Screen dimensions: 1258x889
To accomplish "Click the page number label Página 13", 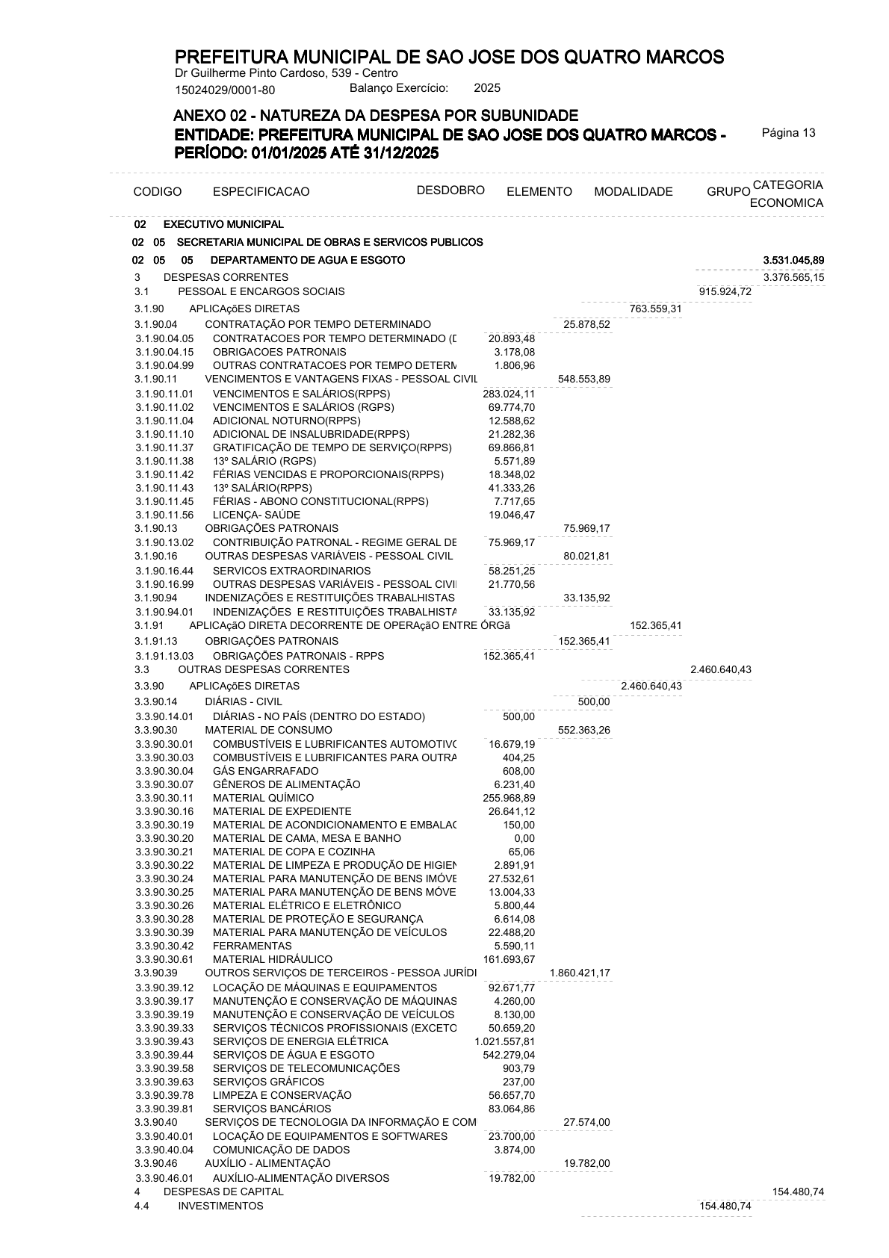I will [788, 133].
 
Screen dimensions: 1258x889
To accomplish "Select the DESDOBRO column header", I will [450, 190].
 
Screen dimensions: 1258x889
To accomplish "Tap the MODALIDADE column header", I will [633, 192].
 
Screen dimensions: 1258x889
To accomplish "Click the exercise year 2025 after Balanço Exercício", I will [487, 88].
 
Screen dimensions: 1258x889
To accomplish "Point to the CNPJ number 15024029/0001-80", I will [225, 90].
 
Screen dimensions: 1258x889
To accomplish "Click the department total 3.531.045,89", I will [793, 260].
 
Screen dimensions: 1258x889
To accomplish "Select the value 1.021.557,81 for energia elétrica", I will [504, 1041].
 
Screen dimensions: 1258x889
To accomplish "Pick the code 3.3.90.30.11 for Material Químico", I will [164, 798].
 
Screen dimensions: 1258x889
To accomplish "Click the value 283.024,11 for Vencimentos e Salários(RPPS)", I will [508, 394].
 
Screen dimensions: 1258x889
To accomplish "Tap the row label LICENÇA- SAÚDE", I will [256, 515].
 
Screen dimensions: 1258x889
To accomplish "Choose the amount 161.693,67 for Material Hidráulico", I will [508, 959].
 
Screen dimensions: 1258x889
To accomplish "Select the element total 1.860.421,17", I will [580, 973].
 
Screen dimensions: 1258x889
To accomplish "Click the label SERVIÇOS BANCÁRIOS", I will [271, 1109].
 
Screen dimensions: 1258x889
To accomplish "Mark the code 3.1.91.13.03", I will [164, 656].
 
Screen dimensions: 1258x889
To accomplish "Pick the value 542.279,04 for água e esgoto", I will [508, 1055].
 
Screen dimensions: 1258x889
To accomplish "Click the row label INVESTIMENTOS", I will [220, 1206].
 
